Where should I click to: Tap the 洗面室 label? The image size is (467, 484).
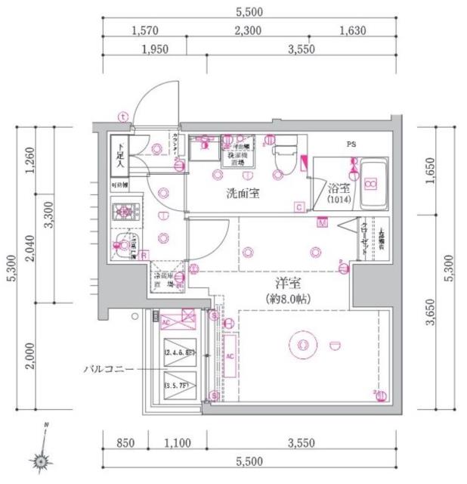tap(243, 193)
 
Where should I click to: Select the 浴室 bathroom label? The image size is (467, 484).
tap(338, 188)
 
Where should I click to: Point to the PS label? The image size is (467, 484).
tap(351, 143)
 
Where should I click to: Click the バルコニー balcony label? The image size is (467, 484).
tap(110, 370)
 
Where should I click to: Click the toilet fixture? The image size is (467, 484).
tap(284, 154)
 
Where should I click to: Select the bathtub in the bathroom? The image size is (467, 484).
tap(372, 184)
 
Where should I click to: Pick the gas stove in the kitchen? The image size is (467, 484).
tap(122, 213)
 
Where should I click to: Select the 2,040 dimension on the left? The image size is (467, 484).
tap(31, 253)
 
